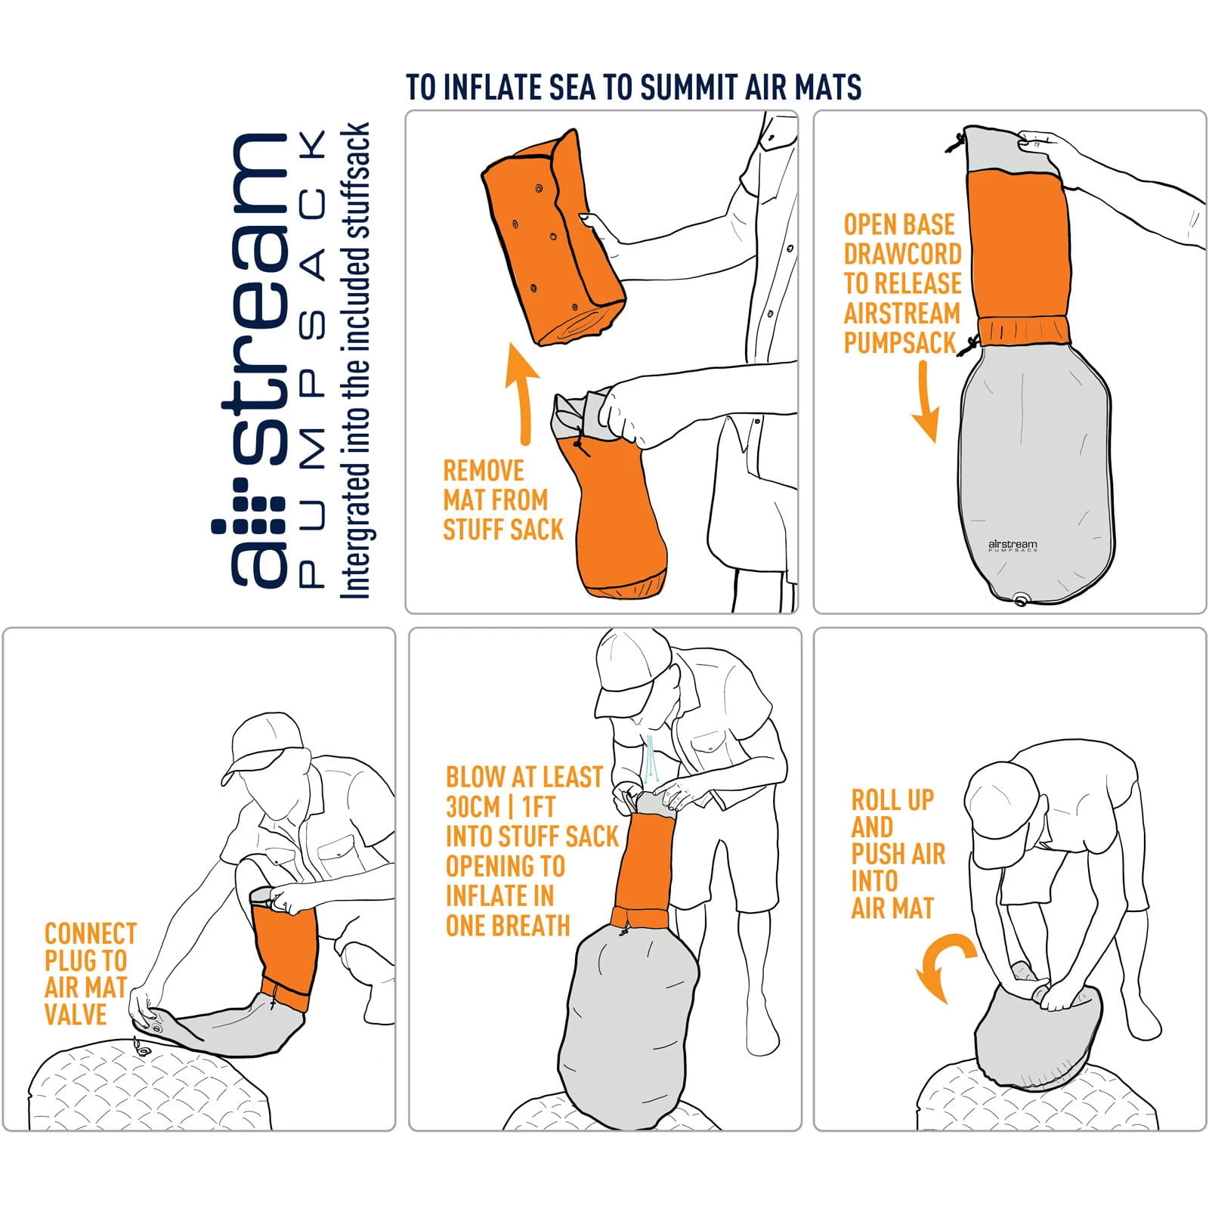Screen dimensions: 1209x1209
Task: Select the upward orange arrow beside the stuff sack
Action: [x=523, y=393]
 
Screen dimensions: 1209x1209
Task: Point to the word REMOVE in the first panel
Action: [x=484, y=471]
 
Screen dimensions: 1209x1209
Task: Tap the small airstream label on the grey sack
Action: [x=1013, y=545]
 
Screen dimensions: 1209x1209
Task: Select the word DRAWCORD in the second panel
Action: [x=902, y=254]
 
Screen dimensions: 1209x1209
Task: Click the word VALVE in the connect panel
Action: [x=76, y=1014]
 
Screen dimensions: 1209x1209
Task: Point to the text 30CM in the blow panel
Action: [x=473, y=807]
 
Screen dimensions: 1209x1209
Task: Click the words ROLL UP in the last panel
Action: [x=892, y=799]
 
